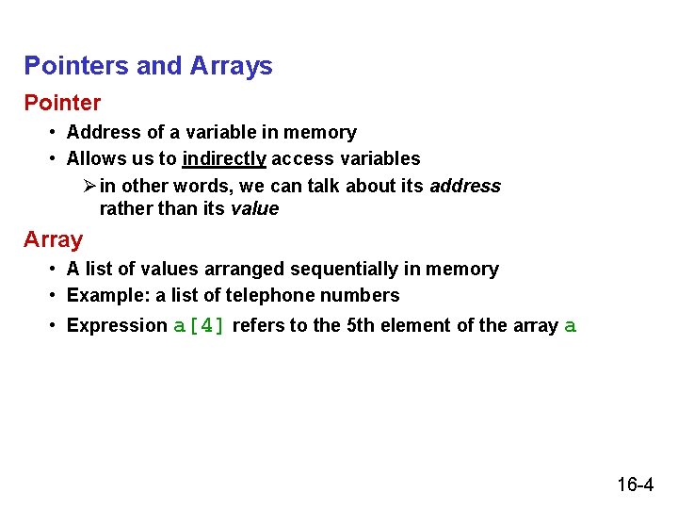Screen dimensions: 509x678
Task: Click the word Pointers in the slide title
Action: [x=77, y=66]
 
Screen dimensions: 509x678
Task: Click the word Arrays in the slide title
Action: [x=231, y=66]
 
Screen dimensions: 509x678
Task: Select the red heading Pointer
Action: [x=62, y=102]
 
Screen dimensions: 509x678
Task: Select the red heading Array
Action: [x=53, y=239]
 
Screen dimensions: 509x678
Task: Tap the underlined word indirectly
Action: [x=224, y=158]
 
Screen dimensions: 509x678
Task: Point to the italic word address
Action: [x=465, y=186]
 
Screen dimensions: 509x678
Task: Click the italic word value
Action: [x=254, y=208]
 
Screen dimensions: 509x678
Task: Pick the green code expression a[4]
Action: [x=200, y=326]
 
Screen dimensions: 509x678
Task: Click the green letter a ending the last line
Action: [x=569, y=326]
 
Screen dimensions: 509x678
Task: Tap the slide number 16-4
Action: [x=636, y=485]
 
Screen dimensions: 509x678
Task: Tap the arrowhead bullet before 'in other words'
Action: [x=89, y=186]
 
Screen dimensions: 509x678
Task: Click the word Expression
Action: [x=117, y=325]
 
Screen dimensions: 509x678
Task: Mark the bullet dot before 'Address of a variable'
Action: [x=55, y=132]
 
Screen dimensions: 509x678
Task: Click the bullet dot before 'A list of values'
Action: [x=55, y=269]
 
